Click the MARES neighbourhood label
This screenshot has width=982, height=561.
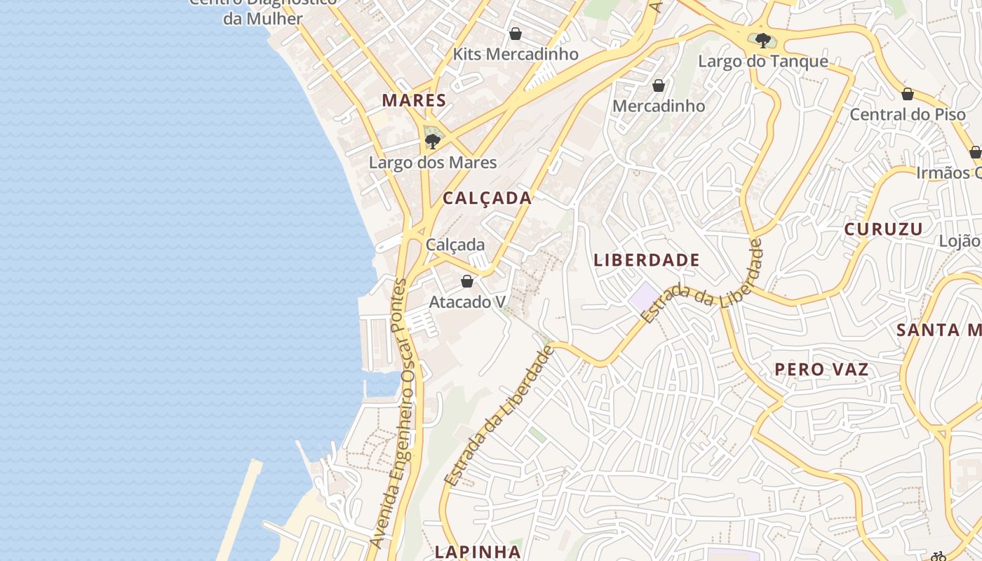pos(414,100)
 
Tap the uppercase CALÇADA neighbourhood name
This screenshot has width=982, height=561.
pos(487,198)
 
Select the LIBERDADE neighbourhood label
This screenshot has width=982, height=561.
pos(647,260)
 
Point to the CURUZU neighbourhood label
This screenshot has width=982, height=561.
pos(883,229)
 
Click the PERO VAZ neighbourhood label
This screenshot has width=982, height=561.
pos(821,370)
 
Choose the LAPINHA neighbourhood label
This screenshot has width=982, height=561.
pos(478,551)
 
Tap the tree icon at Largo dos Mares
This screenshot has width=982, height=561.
pos(433,142)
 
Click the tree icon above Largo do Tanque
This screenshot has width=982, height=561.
pos(762,41)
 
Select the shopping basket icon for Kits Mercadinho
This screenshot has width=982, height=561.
pos(516,34)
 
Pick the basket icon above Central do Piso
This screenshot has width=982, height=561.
pos(908,94)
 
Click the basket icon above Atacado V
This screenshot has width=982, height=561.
pos(467,282)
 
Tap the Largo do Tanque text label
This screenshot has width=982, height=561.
pos(762,62)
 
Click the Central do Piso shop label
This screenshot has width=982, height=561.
pos(908,114)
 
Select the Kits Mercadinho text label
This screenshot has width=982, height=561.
pos(516,54)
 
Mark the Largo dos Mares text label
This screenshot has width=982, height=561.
pos(433,163)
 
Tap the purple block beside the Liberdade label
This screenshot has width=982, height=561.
pos(645,295)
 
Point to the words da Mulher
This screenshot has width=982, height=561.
pos(262,18)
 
